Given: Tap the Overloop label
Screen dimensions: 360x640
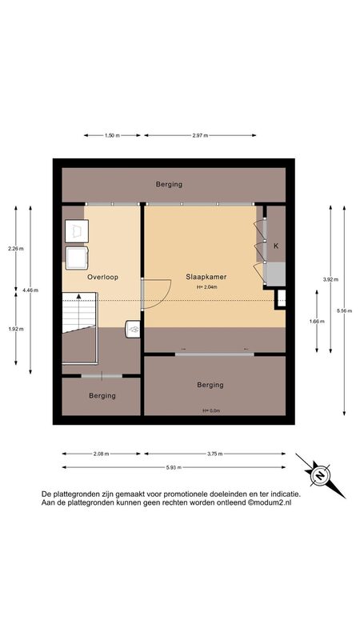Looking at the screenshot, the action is (x=103, y=277).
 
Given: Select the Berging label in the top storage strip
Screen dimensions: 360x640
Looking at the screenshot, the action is (x=169, y=185).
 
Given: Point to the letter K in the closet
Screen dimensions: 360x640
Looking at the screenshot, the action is (x=276, y=246).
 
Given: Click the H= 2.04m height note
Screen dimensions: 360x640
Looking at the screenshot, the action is (x=206, y=287).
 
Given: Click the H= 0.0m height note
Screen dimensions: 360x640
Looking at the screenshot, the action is (x=211, y=410).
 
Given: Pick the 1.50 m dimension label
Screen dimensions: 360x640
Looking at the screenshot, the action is (x=112, y=135).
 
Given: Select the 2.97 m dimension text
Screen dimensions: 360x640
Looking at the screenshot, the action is (x=200, y=135).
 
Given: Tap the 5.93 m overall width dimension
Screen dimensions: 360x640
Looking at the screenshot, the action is (x=174, y=467).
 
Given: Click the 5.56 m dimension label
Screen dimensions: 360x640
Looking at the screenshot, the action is (x=344, y=310).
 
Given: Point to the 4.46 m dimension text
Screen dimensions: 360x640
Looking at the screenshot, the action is (x=30, y=290).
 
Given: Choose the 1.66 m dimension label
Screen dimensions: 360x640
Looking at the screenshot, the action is (x=317, y=322).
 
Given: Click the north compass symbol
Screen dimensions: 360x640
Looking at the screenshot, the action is (x=321, y=475).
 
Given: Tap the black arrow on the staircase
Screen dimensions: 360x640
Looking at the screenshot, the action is (x=78, y=296).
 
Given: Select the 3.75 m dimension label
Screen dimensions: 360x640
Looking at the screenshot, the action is (x=214, y=454).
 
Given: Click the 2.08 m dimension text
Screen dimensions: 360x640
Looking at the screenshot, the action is (x=102, y=454).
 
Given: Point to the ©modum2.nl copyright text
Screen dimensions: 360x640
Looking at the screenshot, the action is (x=270, y=503).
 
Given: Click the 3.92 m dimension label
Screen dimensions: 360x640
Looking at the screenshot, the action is (x=330, y=279).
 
